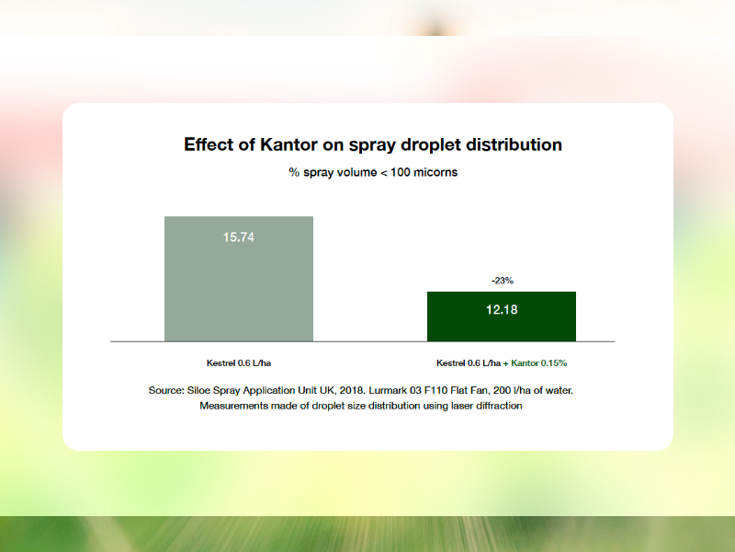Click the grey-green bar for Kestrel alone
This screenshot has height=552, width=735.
tap(239, 279)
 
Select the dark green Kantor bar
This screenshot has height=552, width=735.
tap(502, 316)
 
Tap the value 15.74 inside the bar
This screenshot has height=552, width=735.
tap(239, 237)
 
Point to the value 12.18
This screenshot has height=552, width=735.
tap(502, 310)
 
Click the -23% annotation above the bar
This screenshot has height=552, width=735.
tap(502, 281)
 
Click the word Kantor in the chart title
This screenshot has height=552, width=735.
tap(288, 144)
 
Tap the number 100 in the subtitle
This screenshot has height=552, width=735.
tap(400, 172)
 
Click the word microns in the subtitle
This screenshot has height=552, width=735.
tap(435, 172)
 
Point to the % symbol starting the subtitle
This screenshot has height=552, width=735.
tap(294, 172)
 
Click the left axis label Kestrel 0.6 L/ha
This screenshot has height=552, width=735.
tap(239, 362)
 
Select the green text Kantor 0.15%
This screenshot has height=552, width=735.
tap(538, 362)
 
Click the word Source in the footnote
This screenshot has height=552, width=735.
tap(166, 390)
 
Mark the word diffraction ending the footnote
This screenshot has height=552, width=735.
tap(499, 406)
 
